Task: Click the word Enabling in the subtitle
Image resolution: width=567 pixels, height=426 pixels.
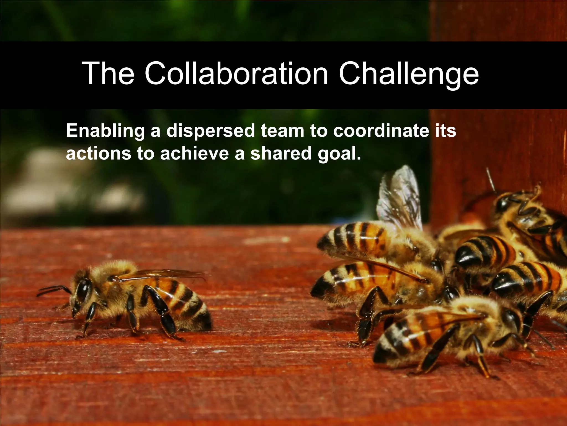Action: (105, 131)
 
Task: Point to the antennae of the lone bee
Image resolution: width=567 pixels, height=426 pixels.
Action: (53, 290)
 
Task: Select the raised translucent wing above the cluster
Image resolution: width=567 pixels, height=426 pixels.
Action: (400, 197)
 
